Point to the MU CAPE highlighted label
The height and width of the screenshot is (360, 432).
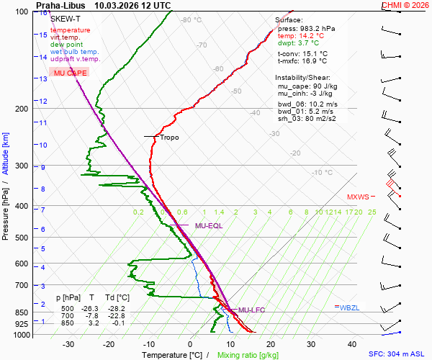tap(70, 73)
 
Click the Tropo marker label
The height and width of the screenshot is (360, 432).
tap(169, 138)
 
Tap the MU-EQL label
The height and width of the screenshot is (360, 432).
tap(209, 226)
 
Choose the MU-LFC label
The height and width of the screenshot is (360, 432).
tap(252, 310)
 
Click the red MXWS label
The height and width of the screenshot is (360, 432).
tap(358, 197)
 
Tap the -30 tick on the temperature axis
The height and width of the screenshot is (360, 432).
tap(68, 344)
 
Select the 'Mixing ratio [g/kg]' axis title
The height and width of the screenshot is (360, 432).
tap(248, 355)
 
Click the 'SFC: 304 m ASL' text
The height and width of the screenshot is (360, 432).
tap(398, 354)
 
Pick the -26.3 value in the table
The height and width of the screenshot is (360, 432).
tap(94, 309)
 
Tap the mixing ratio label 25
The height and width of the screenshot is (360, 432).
tap(372, 212)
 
